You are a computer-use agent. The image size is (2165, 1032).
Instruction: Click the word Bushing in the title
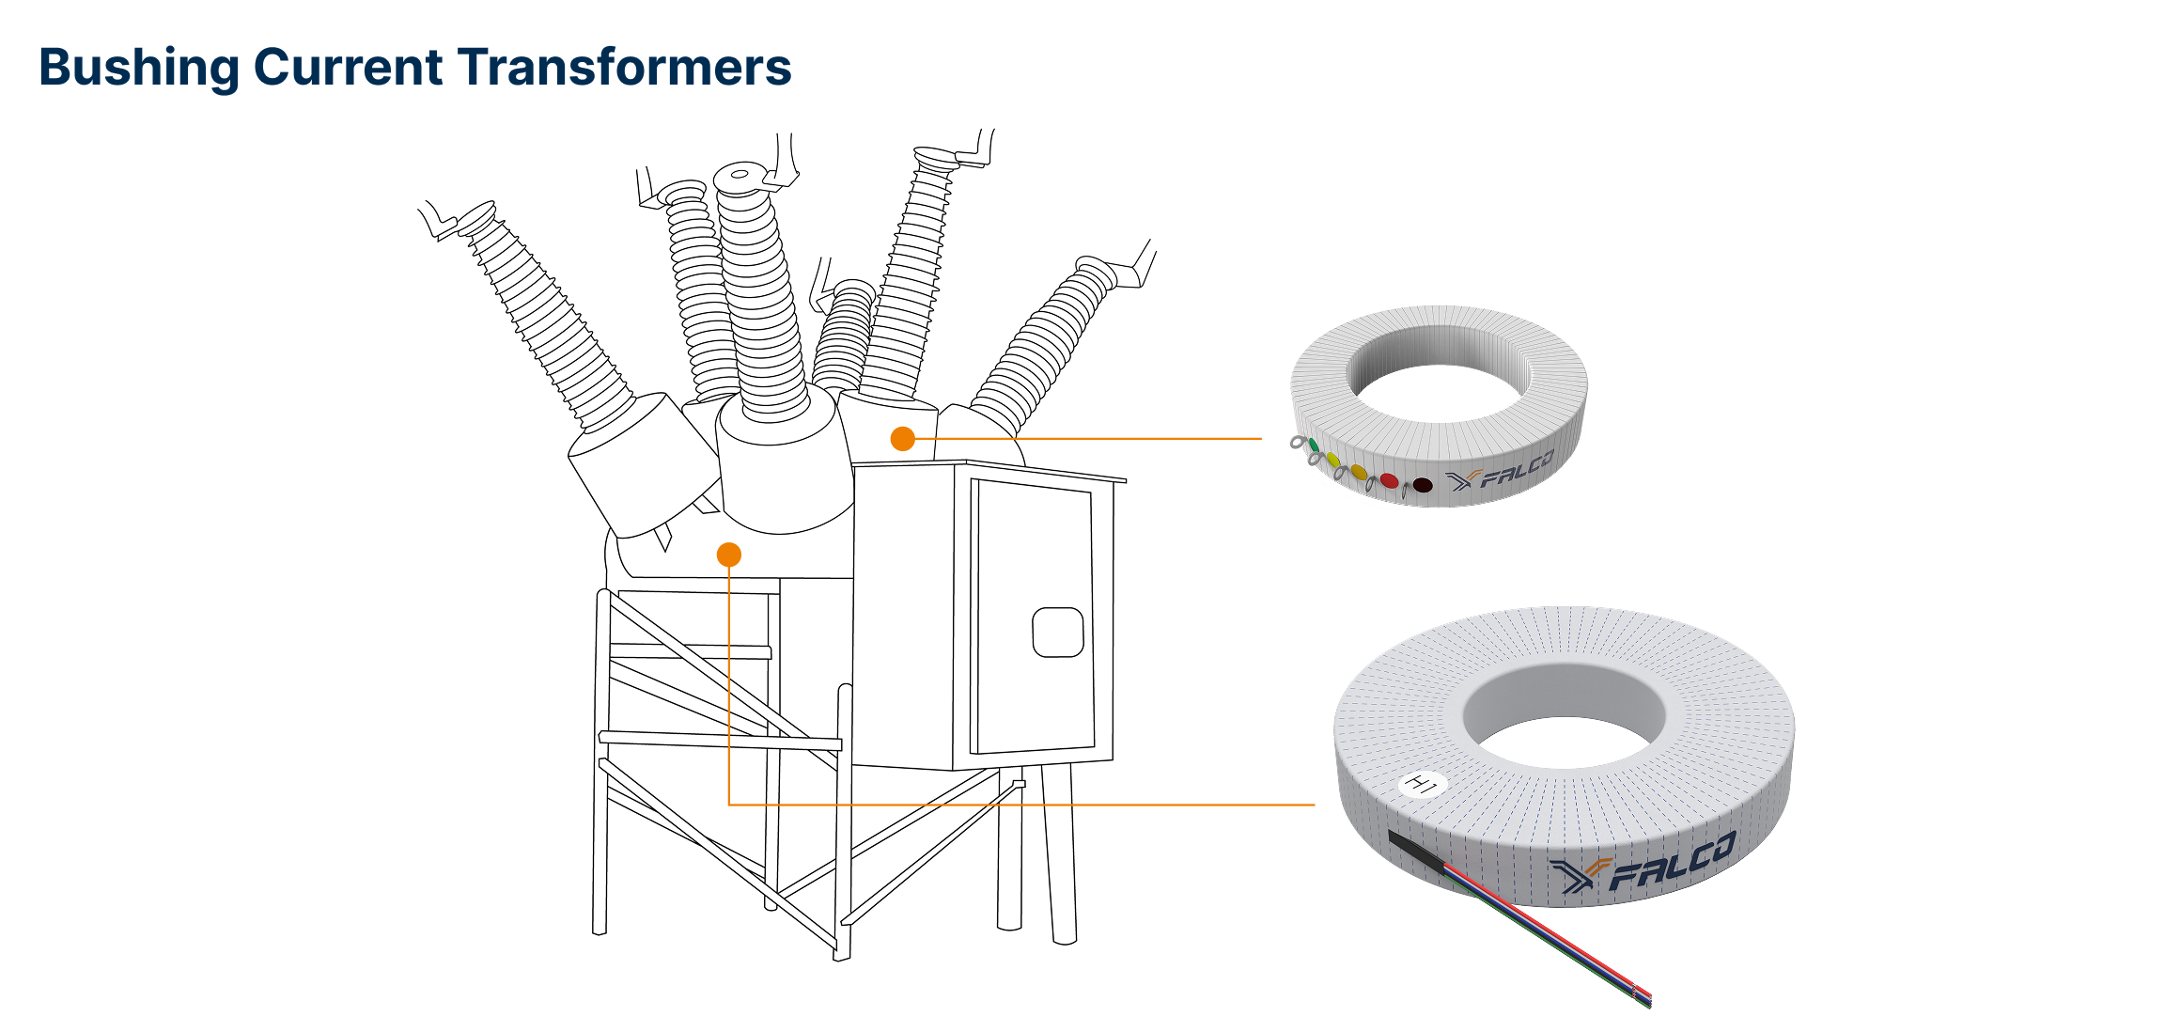coord(138,68)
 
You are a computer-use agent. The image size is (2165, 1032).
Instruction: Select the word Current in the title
coord(348,68)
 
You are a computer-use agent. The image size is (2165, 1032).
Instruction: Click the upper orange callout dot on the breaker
coord(902,439)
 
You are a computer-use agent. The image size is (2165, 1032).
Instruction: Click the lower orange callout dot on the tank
coord(728,555)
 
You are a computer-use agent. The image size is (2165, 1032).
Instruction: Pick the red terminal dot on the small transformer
coord(1389,480)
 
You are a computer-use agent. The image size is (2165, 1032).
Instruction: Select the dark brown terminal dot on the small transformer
coord(1423,485)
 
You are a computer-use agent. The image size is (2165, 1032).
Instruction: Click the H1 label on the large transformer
coord(1421,783)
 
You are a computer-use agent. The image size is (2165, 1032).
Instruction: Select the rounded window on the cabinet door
coord(1057,632)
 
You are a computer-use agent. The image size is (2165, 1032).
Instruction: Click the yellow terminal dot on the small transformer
coord(1332,460)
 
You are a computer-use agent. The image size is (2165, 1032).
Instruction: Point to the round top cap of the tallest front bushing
coord(740,176)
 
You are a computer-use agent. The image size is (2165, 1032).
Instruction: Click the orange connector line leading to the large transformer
coord(1034,805)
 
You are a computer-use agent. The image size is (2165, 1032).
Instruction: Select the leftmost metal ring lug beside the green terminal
coord(1298,442)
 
